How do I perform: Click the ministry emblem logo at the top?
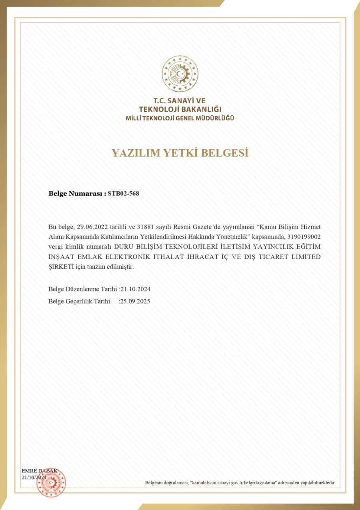point(180,74)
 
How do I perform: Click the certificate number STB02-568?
point(124,193)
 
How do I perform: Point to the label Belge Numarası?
point(77,193)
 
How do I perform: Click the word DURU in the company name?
point(124,247)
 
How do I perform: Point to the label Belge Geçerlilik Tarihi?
point(79,301)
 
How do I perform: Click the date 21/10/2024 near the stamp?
point(34,478)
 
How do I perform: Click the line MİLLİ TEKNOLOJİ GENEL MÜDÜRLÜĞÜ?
point(180,118)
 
